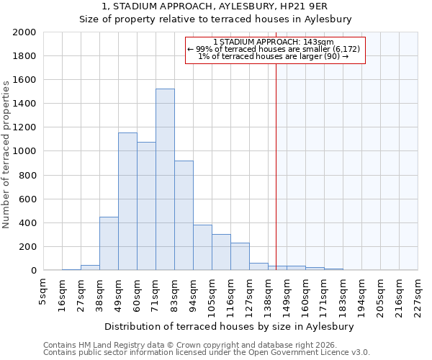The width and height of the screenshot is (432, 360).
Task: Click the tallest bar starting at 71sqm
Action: (x=165, y=179)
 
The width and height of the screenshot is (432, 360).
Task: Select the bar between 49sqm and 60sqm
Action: (x=127, y=202)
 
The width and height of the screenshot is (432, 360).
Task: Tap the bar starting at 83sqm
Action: (x=184, y=215)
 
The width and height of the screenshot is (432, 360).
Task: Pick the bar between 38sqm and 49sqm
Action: (x=109, y=243)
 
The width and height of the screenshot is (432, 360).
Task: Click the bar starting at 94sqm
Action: (x=202, y=247)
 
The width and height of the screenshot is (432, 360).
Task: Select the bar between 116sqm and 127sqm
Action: (x=240, y=256)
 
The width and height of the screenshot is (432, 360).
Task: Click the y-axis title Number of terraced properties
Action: (x=6, y=155)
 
